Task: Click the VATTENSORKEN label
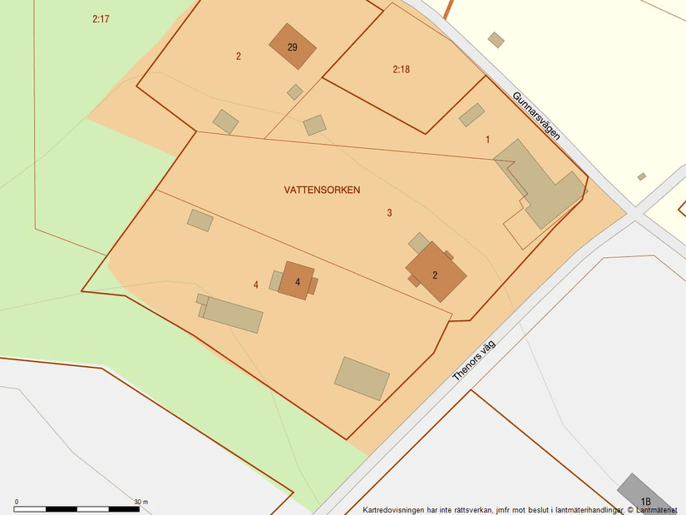tap(322, 191)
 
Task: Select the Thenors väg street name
tap(473, 359)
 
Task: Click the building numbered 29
tap(293, 47)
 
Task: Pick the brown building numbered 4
tap(297, 280)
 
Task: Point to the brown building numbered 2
tap(435, 274)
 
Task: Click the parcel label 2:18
tap(401, 70)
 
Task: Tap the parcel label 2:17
tap(101, 18)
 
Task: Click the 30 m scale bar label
tap(141, 502)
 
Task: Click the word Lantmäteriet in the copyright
tap(657, 510)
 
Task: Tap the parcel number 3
tap(389, 213)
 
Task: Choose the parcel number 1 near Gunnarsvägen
tap(488, 140)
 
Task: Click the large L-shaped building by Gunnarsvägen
tap(540, 185)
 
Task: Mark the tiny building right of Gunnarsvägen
tap(642, 176)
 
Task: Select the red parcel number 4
tap(256, 285)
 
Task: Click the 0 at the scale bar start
tap(17, 502)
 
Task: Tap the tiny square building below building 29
tap(295, 92)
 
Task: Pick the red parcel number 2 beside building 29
tap(238, 57)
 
